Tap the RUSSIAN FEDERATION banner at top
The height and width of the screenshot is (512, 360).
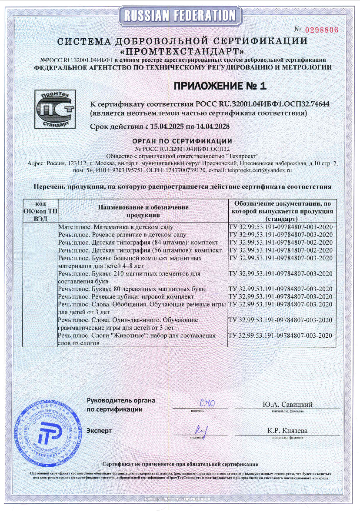(x=180, y=16)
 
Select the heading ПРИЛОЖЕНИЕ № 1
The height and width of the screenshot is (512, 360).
(x=220, y=86)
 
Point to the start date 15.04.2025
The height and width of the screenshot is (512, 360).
(x=163, y=127)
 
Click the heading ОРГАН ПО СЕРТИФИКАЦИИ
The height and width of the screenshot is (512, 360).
(x=181, y=141)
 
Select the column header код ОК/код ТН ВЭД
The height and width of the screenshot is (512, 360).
(x=40, y=211)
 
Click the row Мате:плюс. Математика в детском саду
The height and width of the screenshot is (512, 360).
(x=116, y=227)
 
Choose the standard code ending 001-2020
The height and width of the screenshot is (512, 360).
(x=280, y=227)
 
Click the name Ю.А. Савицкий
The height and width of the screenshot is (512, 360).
(x=287, y=405)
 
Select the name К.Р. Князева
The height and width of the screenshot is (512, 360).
(x=287, y=431)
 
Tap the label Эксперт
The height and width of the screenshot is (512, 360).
(x=99, y=431)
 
